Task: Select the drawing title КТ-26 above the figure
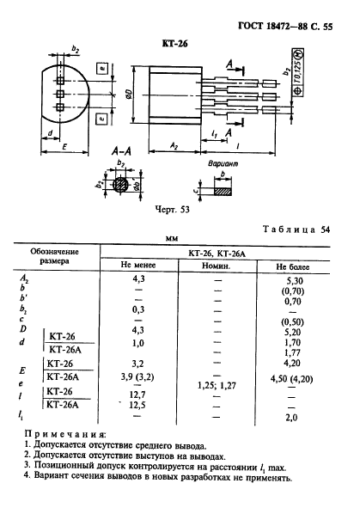[x=174, y=44]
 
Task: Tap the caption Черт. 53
[x=172, y=210]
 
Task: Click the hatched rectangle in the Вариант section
[x=223, y=191]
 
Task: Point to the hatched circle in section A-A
[x=120, y=185]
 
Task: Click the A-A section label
[x=121, y=152]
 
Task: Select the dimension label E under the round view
[x=64, y=147]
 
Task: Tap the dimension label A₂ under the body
[x=174, y=145]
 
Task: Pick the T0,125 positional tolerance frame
[x=298, y=72]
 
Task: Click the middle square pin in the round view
[x=60, y=94]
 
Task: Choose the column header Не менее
[x=138, y=265]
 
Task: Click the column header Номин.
[x=216, y=266]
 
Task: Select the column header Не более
[x=293, y=267]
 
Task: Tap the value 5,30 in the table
[x=293, y=281]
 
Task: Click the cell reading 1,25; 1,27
[x=217, y=386]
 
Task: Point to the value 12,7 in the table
[x=137, y=394]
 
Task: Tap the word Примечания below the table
[x=65, y=434]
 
